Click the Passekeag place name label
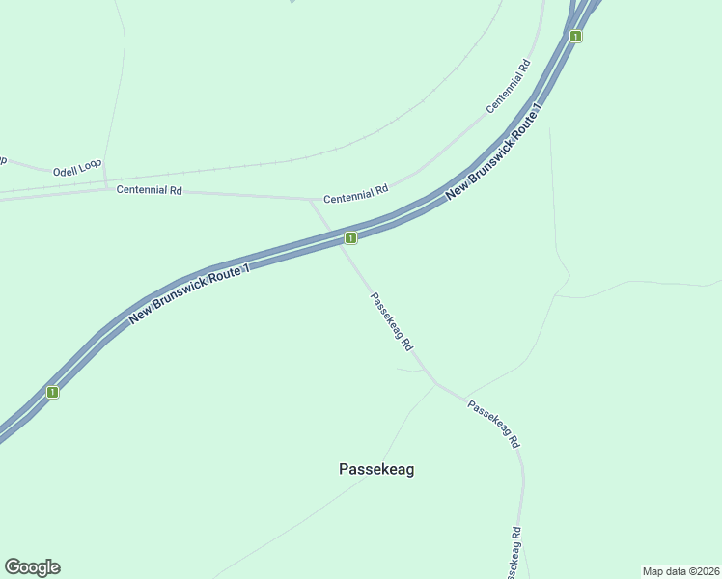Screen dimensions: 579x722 [x=376, y=469]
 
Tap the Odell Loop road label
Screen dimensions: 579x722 [x=77, y=166]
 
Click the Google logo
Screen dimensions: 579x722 [x=32, y=567]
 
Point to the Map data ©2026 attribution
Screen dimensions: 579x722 [x=680, y=571]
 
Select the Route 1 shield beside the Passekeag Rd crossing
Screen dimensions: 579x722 [x=350, y=237]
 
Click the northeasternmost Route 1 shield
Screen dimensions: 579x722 [x=575, y=37]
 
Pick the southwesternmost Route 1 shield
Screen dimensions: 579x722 [x=53, y=392]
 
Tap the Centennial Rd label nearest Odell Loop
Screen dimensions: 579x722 [x=150, y=190]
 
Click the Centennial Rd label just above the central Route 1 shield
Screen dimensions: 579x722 [x=355, y=194]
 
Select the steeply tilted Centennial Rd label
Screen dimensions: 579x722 [x=509, y=87]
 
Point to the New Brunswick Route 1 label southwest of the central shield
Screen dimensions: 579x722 [x=189, y=293]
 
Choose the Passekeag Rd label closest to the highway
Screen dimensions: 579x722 [x=393, y=321]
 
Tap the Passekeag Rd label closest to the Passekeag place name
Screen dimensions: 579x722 [x=494, y=424]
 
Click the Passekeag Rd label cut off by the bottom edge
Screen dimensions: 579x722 [x=514, y=554]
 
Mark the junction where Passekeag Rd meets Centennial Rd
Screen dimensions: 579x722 [x=311, y=201]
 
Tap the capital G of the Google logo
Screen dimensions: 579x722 [x=14, y=567]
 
